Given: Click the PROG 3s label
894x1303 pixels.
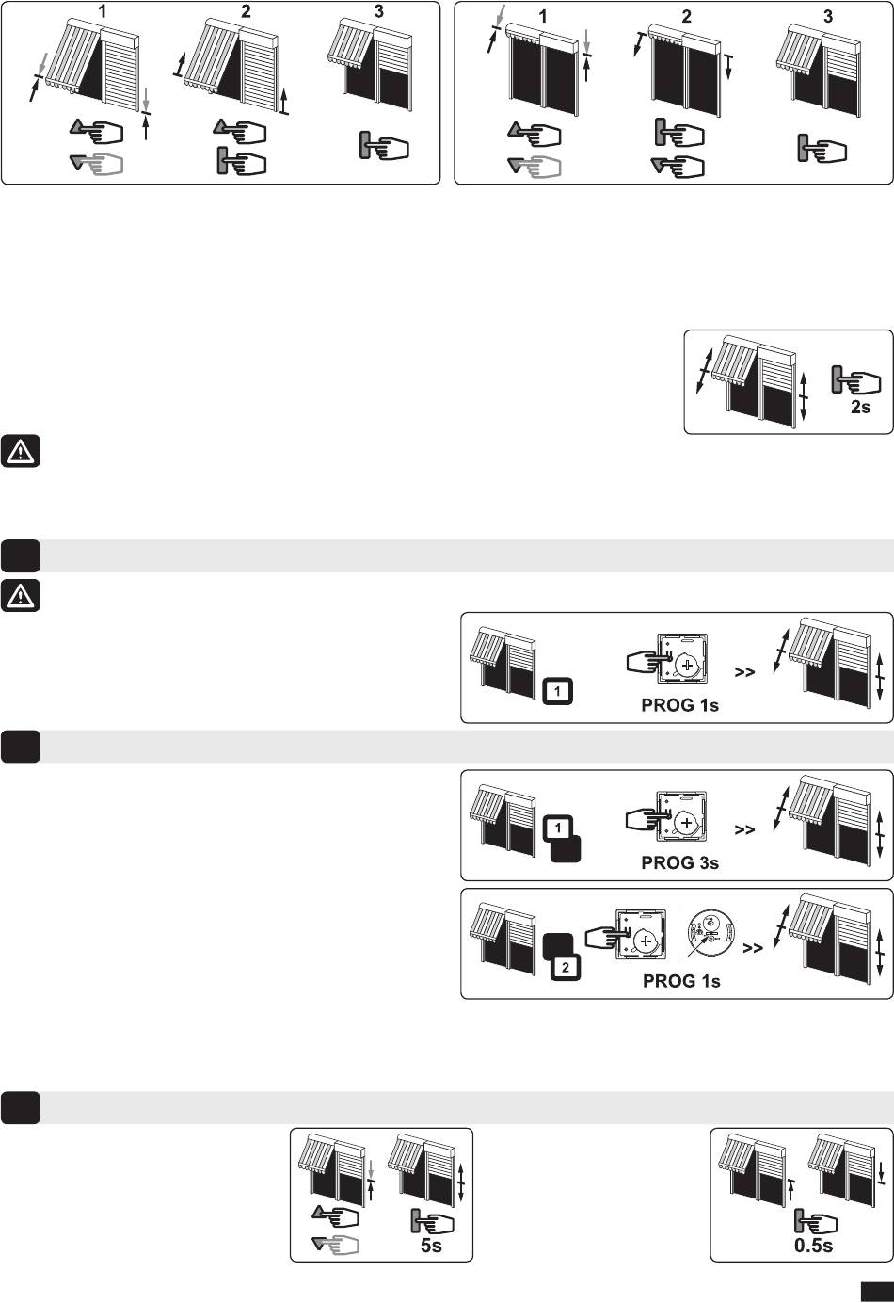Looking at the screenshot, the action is pos(679,862).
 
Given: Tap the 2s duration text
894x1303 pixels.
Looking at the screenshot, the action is pos(860,407).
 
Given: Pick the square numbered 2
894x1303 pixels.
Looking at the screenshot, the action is pos(565,967).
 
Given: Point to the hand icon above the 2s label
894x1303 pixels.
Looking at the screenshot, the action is pos(855,379).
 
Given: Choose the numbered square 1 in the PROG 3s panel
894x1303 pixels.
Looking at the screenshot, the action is pos(558,828).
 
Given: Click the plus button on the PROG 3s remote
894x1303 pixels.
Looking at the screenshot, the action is pos(687,823).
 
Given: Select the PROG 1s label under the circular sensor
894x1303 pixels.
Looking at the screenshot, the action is pos(681,981).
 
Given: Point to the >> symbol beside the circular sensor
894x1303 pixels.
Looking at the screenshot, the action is pos(753,948).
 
